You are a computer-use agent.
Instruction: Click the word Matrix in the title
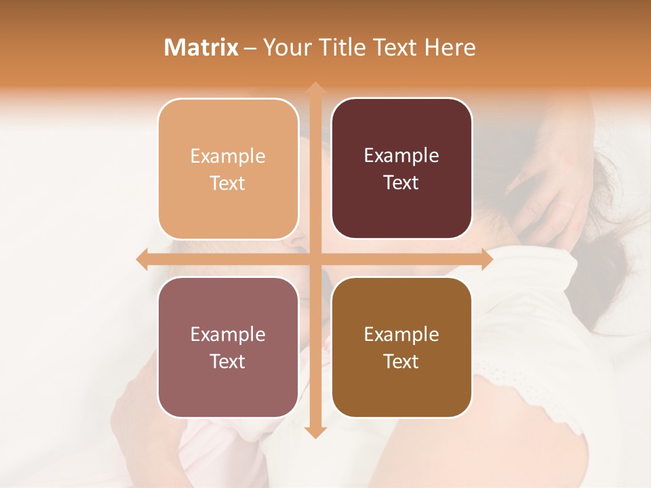(x=201, y=47)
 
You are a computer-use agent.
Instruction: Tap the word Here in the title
(x=450, y=47)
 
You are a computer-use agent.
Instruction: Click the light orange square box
(x=228, y=169)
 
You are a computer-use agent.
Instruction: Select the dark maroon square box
(x=401, y=168)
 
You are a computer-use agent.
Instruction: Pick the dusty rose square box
(x=228, y=347)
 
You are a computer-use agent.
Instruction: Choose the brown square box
(x=401, y=347)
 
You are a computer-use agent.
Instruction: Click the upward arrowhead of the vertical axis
(x=315, y=89)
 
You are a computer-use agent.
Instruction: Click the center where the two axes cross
(x=315, y=260)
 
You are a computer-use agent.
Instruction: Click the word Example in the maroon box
(x=401, y=156)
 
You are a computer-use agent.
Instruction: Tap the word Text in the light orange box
(x=228, y=183)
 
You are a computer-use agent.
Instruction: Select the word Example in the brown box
(x=401, y=334)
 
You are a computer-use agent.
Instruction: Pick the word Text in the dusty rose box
(x=228, y=361)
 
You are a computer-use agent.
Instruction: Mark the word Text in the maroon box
(x=401, y=182)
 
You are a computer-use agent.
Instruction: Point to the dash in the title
(x=250, y=48)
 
